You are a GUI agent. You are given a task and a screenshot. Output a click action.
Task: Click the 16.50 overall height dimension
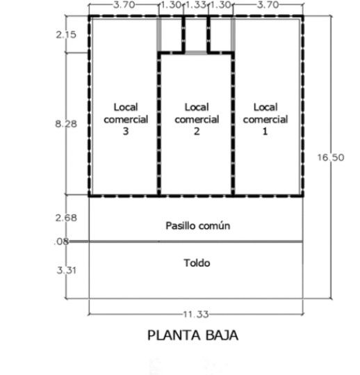click(331, 157)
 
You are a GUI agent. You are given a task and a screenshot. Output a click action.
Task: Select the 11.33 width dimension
click(196, 314)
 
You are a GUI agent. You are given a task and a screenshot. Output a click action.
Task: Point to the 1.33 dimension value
click(196, 5)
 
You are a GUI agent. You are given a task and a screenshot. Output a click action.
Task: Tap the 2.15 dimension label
click(66, 35)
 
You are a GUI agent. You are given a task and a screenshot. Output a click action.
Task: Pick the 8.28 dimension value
click(66, 124)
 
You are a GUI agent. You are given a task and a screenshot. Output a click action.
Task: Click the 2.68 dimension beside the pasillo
click(66, 218)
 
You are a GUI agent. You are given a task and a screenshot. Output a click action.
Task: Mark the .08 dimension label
click(61, 241)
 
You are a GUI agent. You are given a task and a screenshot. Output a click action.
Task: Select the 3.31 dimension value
click(67, 271)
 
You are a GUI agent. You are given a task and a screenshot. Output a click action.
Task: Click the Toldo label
click(197, 263)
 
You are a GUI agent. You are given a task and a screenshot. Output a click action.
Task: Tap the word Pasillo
click(181, 225)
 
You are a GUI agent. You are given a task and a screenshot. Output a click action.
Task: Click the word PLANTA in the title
click(174, 335)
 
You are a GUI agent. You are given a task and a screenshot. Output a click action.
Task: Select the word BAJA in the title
click(222, 335)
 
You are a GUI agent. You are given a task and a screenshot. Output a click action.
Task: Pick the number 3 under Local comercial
click(126, 131)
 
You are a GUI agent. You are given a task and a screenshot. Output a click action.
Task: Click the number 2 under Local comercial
click(197, 131)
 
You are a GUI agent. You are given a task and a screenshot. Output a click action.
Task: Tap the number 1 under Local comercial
click(265, 131)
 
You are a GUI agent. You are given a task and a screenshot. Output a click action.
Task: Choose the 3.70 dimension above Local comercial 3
click(124, 5)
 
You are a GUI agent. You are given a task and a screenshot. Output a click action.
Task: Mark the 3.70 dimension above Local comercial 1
click(268, 5)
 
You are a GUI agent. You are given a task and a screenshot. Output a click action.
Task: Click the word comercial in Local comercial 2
click(197, 120)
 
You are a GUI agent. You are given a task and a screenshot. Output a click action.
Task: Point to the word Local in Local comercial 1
click(265, 107)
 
